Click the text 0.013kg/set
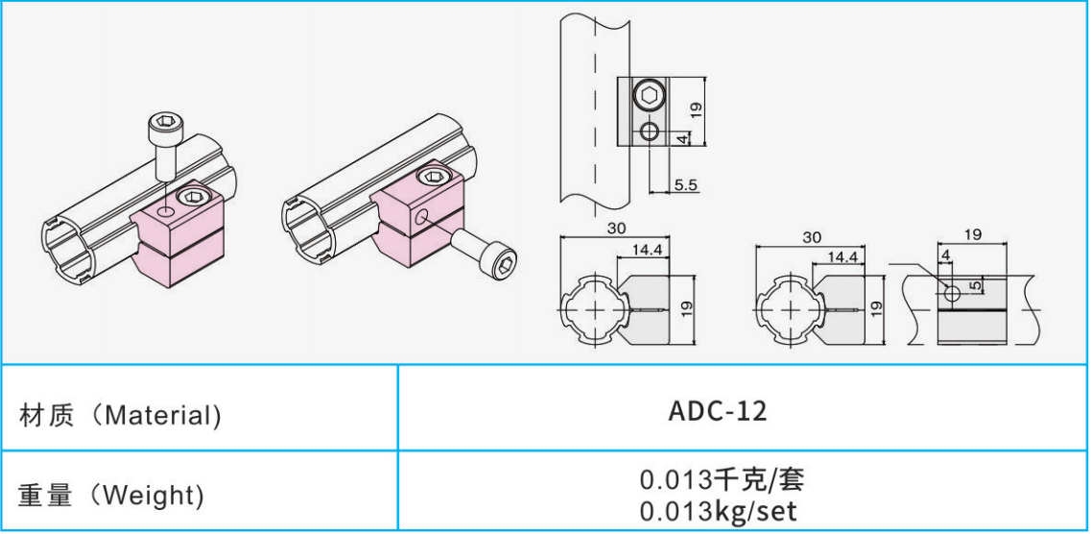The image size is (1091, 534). click(718, 510)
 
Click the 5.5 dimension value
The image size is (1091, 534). click(685, 185)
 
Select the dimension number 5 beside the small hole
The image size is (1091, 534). click(977, 285)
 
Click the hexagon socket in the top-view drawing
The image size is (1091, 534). click(650, 96)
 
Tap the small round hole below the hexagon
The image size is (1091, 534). click(650, 131)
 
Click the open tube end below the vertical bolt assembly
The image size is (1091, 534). click(73, 252)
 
